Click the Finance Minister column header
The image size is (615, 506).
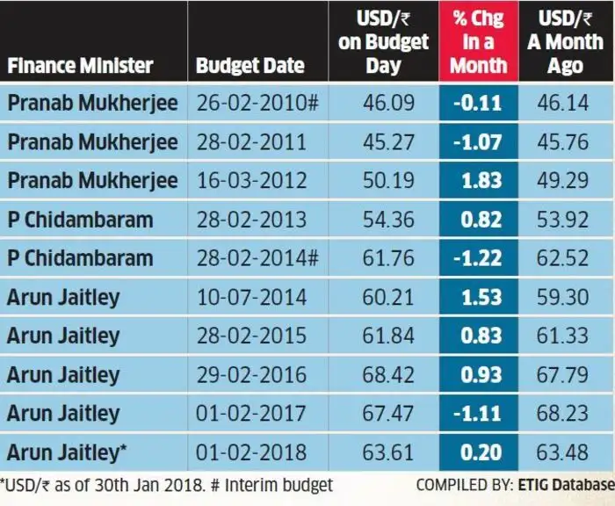click(81, 65)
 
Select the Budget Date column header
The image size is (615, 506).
click(250, 65)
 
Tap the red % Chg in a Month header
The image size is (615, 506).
click(479, 41)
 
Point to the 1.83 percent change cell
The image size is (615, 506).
click(479, 180)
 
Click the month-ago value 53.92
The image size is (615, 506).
click(565, 220)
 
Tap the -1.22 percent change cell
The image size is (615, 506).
click(479, 258)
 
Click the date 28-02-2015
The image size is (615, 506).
click(251, 336)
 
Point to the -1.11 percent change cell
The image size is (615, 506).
click(479, 413)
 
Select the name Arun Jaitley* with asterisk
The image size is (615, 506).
click(68, 452)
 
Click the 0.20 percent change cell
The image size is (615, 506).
click(479, 452)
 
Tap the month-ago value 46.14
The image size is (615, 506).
click(565, 103)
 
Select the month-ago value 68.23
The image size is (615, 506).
click(565, 413)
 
